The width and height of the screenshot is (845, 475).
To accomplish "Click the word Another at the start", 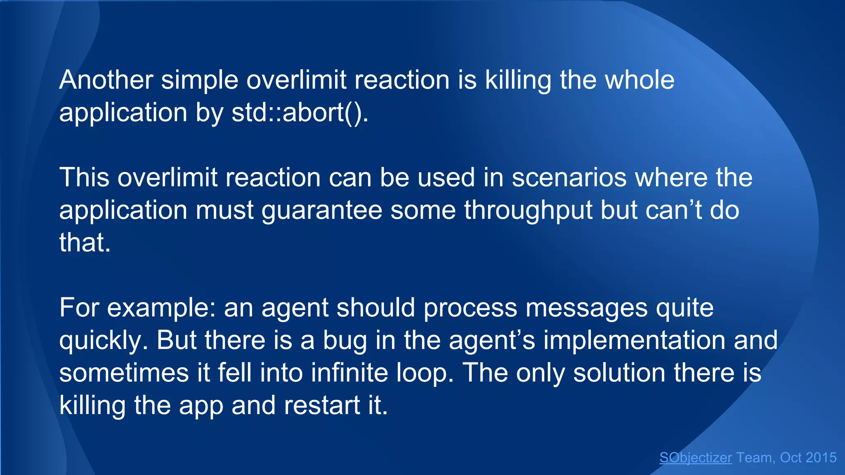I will click(106, 80).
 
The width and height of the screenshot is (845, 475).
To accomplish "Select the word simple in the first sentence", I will click(200, 80).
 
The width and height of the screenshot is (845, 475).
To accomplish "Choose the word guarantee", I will click(322, 210).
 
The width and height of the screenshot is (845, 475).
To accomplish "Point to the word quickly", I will click(104, 341).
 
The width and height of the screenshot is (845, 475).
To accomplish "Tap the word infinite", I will click(349, 373).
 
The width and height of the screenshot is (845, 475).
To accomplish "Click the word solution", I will click(619, 373).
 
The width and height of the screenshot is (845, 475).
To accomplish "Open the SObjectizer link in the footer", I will click(696, 458).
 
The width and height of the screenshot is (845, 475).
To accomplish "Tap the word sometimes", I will click(124, 373).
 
